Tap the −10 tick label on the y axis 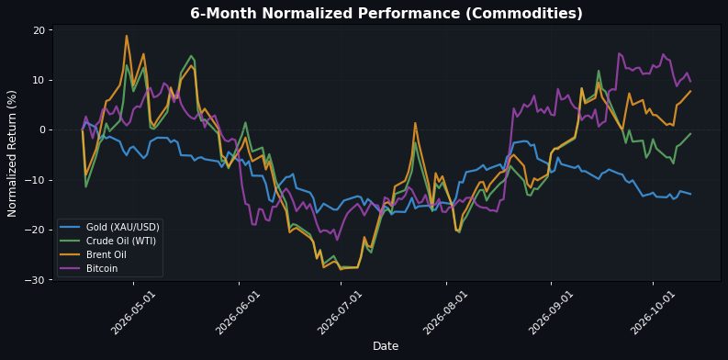41,180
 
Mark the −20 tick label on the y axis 41,230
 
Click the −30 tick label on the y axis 41,280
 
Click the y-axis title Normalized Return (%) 12,153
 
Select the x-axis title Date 386,346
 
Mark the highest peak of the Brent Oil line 127,36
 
